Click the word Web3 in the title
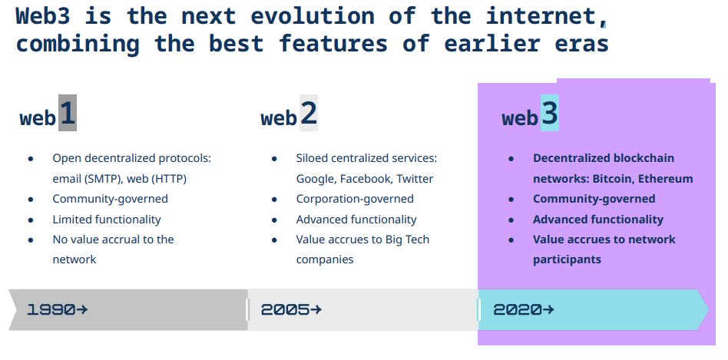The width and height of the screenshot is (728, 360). [x=44, y=16]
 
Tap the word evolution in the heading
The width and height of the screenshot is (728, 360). [x=313, y=16]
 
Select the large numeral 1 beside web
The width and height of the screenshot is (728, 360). [x=68, y=114]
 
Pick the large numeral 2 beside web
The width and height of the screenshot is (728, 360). [x=309, y=114]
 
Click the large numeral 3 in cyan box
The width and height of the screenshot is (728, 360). [x=550, y=114]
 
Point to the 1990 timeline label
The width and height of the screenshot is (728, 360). [x=51, y=309]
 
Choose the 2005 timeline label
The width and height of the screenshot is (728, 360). [x=285, y=309]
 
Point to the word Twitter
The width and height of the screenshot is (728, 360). [x=415, y=179]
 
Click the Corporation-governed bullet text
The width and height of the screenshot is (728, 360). [x=355, y=199]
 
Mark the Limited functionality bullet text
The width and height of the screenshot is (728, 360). [x=106, y=220]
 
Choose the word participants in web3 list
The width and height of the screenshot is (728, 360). [x=567, y=259]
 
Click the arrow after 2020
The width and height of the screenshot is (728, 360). [x=548, y=309]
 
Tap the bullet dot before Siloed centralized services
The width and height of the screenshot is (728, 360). [x=274, y=159]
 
